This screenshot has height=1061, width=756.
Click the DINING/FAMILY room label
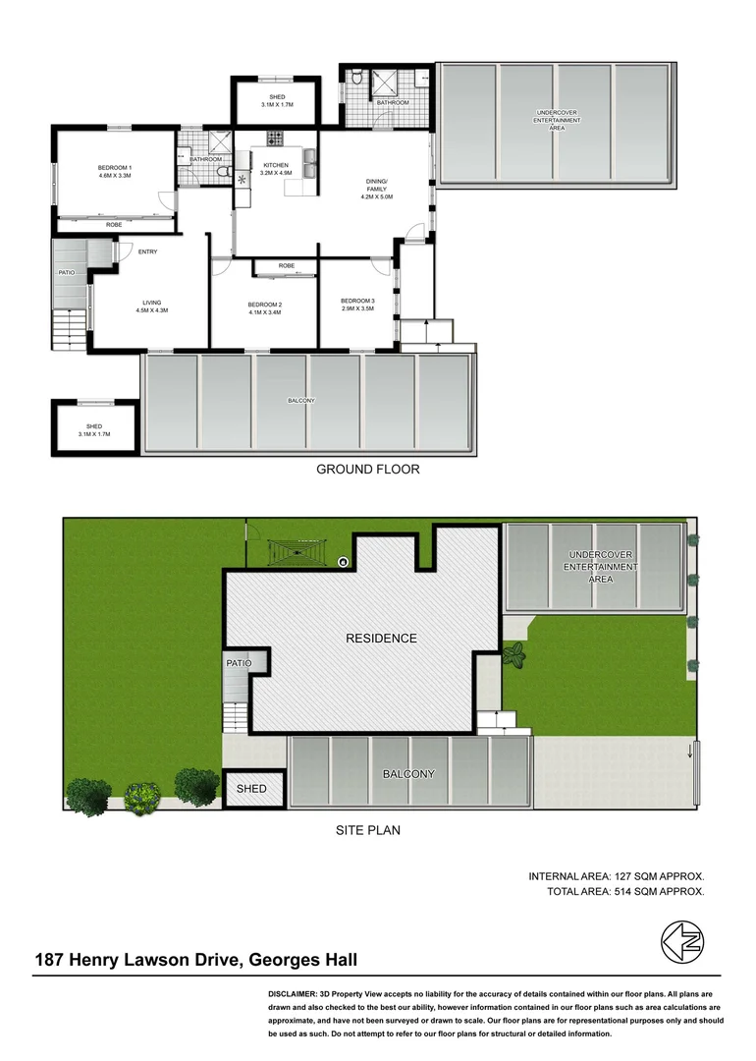click(x=377, y=189)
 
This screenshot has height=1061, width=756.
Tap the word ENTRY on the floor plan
click(x=148, y=251)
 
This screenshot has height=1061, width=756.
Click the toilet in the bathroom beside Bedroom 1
click(x=224, y=174)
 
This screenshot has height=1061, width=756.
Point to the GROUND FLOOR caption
click(x=367, y=470)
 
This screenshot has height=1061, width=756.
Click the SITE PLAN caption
click(x=368, y=830)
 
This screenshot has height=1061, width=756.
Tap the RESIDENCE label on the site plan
click(x=381, y=639)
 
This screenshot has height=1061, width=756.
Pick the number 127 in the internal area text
click(x=624, y=875)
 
